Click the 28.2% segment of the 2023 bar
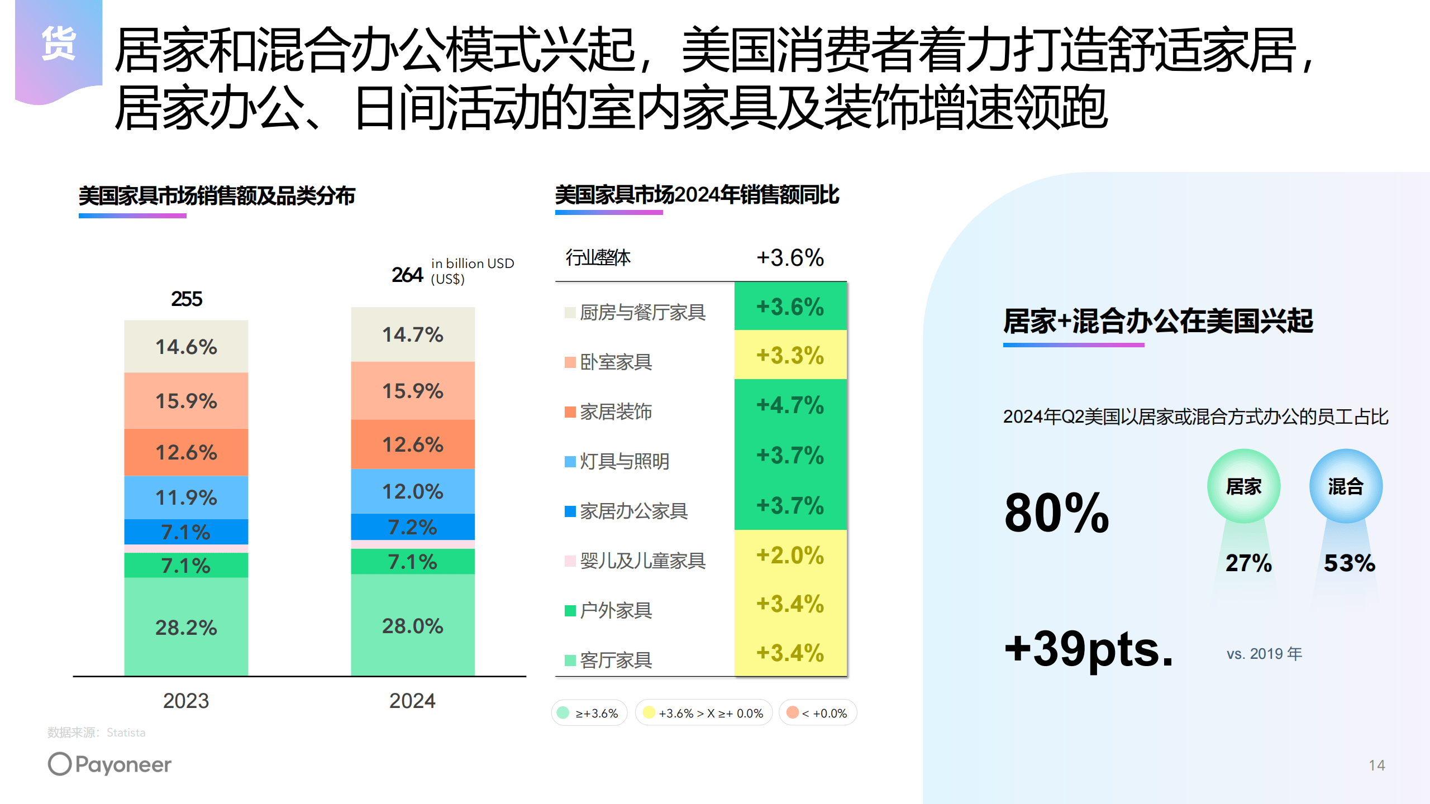click(x=186, y=627)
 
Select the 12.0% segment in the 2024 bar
click(x=412, y=491)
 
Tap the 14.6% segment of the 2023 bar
click(x=186, y=347)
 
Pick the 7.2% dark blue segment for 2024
click(x=412, y=527)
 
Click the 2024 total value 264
click(x=407, y=275)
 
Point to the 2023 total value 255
click(x=187, y=299)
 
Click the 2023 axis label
click(x=186, y=701)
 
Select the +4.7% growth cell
click(x=790, y=405)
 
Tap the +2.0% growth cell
click(x=790, y=555)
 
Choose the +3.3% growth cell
click(x=790, y=355)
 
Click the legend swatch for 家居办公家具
click(x=570, y=511)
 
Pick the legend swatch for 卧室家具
click(x=570, y=362)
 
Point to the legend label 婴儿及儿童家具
click(x=642, y=561)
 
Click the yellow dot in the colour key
click(x=649, y=712)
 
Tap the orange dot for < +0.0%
click(x=792, y=712)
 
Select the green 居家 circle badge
click(x=1243, y=486)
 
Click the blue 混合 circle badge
click(x=1346, y=486)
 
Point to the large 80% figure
click(x=1056, y=513)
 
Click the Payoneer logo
click(x=110, y=764)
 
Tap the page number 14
click(x=1376, y=765)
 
